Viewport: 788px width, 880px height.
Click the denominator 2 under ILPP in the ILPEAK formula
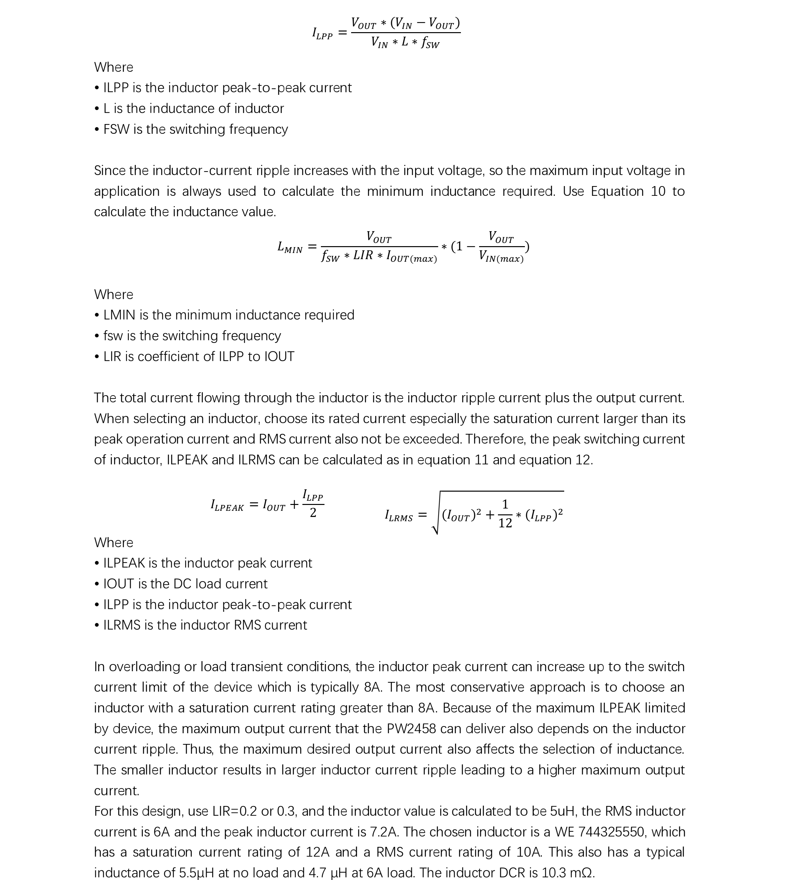coord(313,513)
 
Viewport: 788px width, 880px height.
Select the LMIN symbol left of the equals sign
coord(290,247)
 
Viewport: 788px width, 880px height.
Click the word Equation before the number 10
coord(617,191)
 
